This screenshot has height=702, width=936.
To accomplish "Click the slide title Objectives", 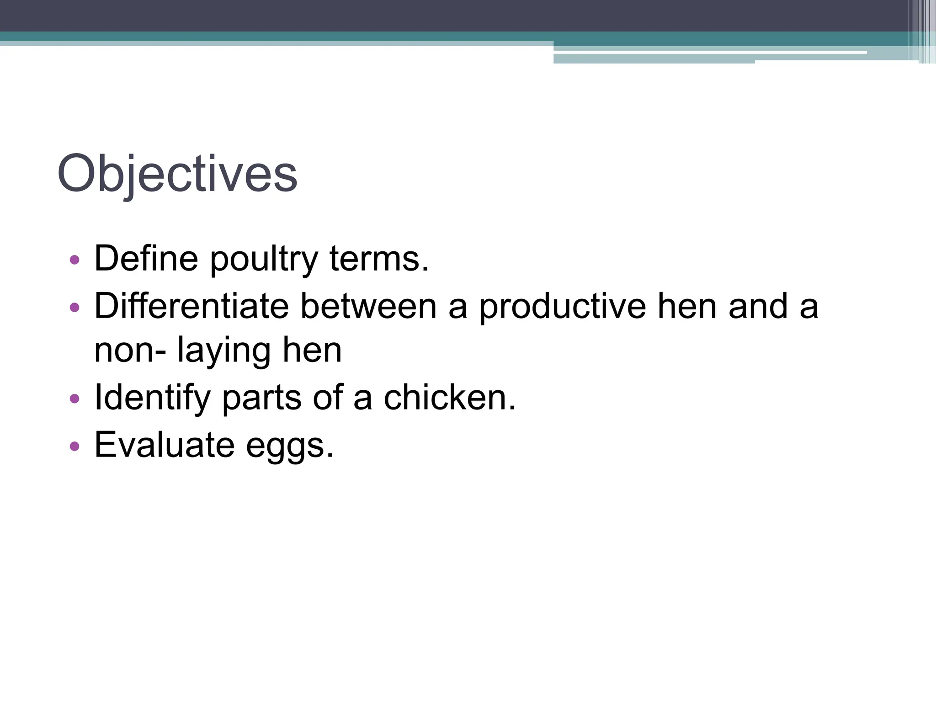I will [177, 174].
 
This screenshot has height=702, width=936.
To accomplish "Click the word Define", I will [146, 259].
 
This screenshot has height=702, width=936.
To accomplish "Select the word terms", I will [379, 259].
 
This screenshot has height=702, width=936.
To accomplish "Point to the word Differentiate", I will [191, 306].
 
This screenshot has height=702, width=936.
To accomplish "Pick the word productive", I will [563, 307].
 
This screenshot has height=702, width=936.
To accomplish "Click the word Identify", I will [152, 398].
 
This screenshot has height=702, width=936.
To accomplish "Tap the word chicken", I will [450, 398].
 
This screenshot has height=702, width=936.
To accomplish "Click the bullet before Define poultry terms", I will [74, 261].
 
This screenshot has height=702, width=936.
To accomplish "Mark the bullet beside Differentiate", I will [74, 307].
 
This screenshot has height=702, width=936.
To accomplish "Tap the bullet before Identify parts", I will [74, 399].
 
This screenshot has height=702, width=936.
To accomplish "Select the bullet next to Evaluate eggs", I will [74, 446].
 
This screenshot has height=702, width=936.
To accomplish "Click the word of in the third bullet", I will [328, 397].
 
